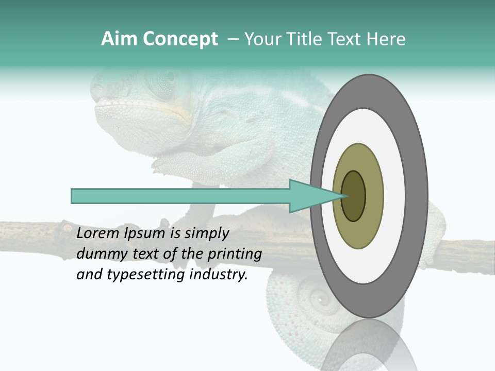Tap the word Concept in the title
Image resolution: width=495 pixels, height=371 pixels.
click(180, 39)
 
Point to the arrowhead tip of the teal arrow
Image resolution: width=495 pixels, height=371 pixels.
click(344, 196)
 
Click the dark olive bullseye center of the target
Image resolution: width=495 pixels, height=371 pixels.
click(354, 196)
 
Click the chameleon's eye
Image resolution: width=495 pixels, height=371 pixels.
click(165, 82)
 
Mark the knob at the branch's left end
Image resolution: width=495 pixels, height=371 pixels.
click(67, 227)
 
